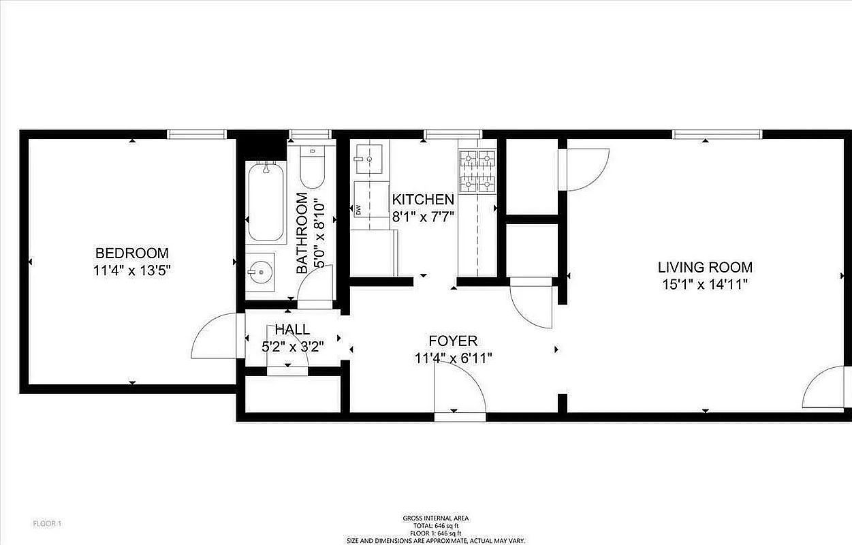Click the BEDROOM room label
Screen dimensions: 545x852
pyautogui.click(x=131, y=253)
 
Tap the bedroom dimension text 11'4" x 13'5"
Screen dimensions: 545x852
pyautogui.click(x=131, y=270)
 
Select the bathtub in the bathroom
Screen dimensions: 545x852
pyautogui.click(x=266, y=202)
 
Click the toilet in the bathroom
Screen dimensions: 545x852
pyautogui.click(x=312, y=168)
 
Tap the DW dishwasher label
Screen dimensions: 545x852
pyautogui.click(x=358, y=209)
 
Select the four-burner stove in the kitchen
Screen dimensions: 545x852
pyautogui.click(x=477, y=171)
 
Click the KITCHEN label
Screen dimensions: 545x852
pyautogui.click(x=422, y=200)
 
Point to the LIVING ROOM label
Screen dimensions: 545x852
pyautogui.click(x=704, y=267)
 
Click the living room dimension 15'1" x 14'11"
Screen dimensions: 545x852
pyautogui.click(x=704, y=285)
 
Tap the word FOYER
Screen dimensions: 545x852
pyautogui.click(x=453, y=341)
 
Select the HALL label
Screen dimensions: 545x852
pyautogui.click(x=292, y=330)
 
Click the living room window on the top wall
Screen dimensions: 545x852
pyautogui.click(x=716, y=134)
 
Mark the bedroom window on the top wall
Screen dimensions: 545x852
pyautogui.click(x=197, y=134)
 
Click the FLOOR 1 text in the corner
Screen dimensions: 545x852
pyautogui.click(x=48, y=523)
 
